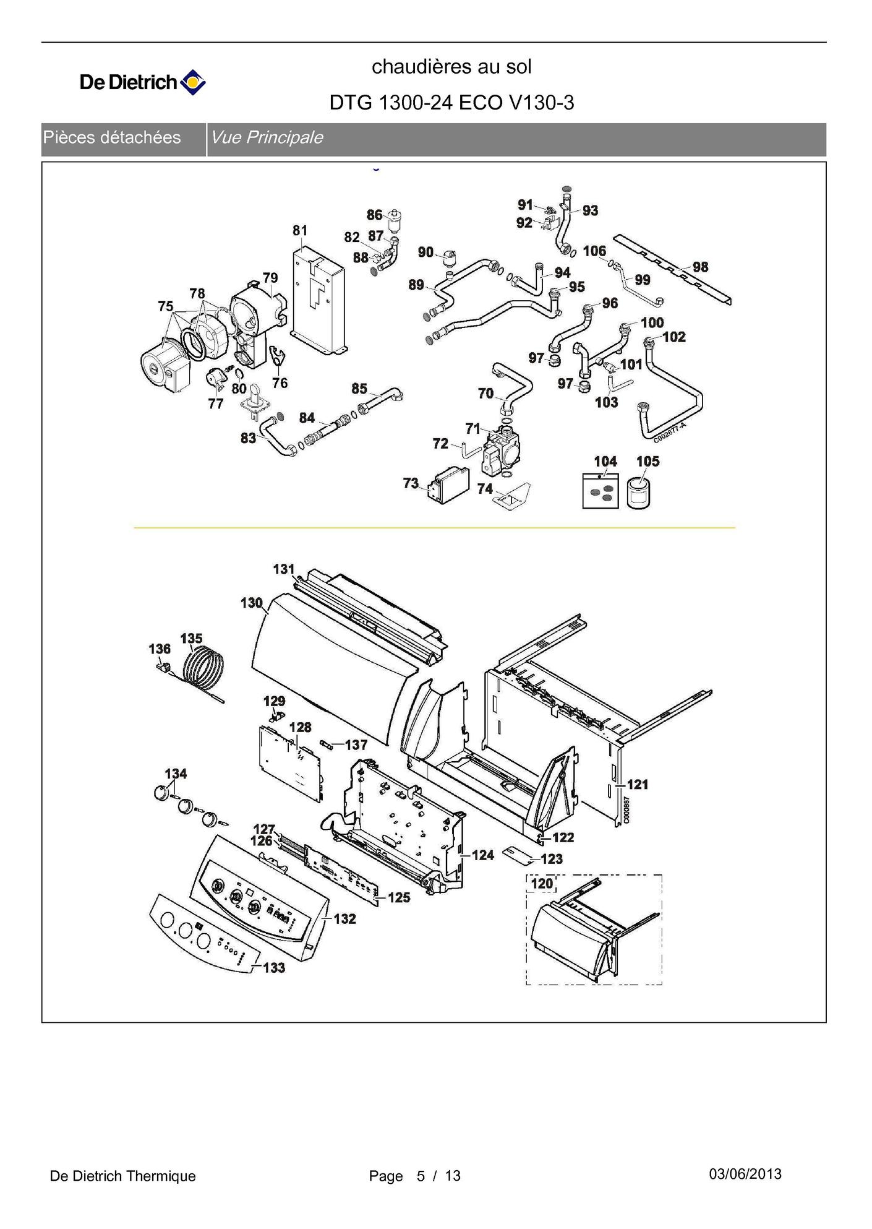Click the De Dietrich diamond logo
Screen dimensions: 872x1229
point(193,82)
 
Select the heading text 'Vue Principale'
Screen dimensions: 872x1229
point(267,137)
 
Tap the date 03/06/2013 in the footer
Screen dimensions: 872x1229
point(745,1174)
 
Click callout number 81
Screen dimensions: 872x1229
point(300,230)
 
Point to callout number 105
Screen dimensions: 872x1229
point(648,461)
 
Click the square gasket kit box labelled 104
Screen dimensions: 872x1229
point(601,491)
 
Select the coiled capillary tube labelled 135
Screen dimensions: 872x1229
point(201,671)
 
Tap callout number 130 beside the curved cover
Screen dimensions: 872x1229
point(252,603)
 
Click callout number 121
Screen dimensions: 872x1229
point(638,784)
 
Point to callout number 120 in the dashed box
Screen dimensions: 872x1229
point(542,883)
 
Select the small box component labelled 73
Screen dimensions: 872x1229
point(445,485)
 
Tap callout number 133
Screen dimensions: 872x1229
point(274,967)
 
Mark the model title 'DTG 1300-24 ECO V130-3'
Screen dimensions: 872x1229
point(451,103)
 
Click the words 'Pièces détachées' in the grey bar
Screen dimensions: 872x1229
point(112,137)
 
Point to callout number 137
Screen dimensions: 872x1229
point(356,745)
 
